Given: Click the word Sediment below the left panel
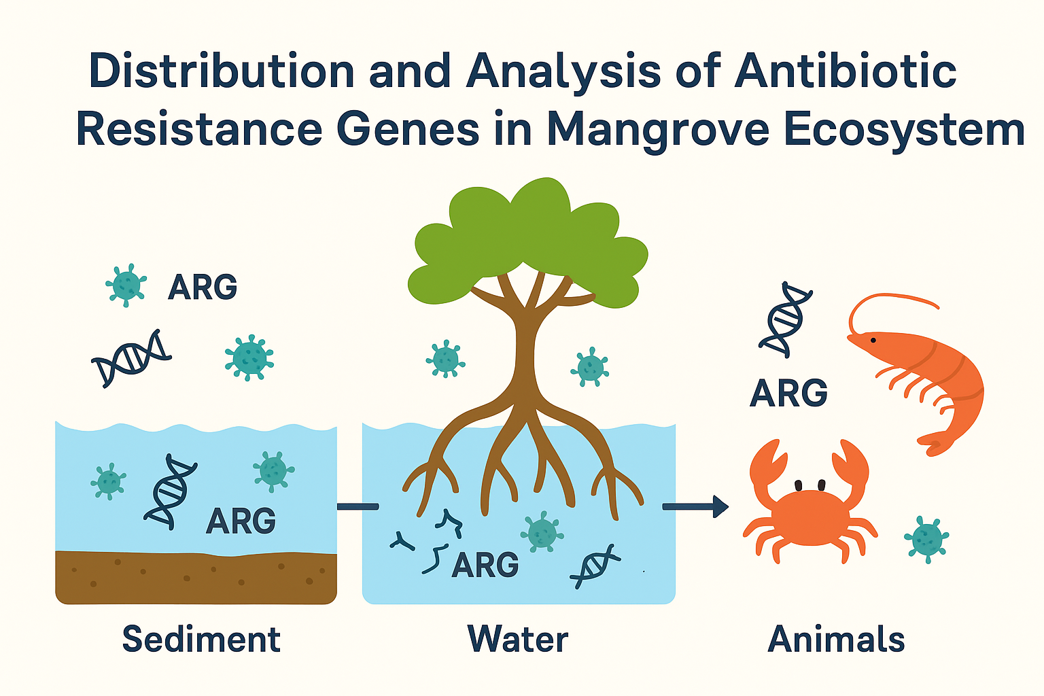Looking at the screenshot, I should (x=201, y=640).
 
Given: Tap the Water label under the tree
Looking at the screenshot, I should (x=518, y=640).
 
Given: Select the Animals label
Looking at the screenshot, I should (x=836, y=640).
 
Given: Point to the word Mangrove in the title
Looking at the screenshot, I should (x=658, y=129).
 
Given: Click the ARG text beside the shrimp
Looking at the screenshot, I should (x=788, y=393).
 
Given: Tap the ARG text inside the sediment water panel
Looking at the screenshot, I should (x=241, y=521).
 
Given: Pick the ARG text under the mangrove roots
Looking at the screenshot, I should (x=485, y=565).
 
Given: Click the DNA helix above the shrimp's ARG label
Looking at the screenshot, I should (x=785, y=319).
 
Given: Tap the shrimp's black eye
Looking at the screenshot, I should (x=873, y=339).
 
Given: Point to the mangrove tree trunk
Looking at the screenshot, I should (x=525, y=340).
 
